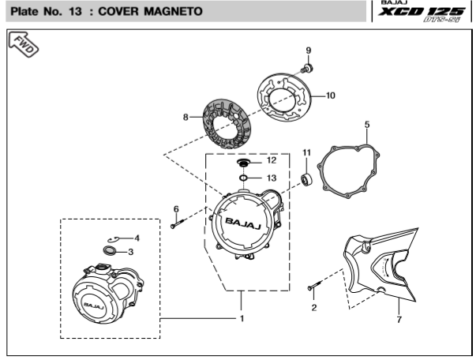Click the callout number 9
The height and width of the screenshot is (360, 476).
pyautogui.click(x=309, y=51)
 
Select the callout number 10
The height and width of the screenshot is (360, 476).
pyautogui.click(x=330, y=95)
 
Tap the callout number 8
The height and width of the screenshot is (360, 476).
pyautogui.click(x=186, y=118)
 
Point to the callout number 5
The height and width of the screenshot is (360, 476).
pyautogui.click(x=367, y=124)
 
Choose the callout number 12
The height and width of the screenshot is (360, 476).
pyautogui.click(x=271, y=159)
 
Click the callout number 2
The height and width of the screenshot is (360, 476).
pyautogui.click(x=313, y=307)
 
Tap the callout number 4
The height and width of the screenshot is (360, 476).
pyautogui.click(x=137, y=237)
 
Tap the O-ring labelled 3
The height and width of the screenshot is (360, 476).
pyautogui.click(x=109, y=251)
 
